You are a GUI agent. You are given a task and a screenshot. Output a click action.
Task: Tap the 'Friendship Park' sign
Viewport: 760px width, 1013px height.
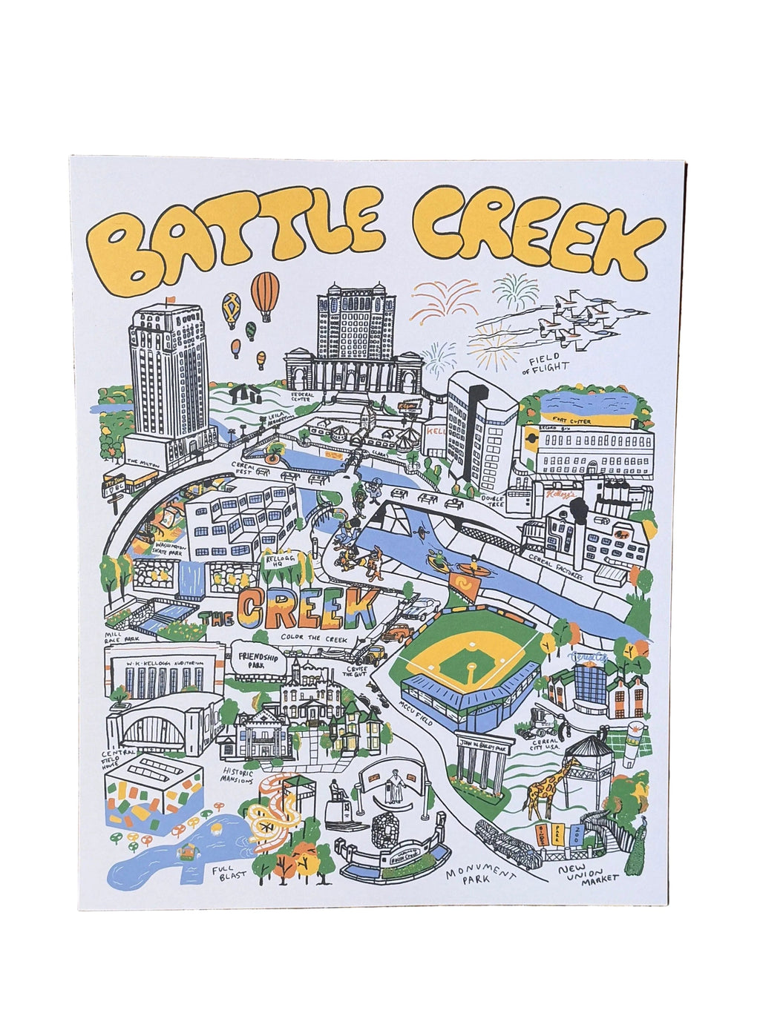[254, 656]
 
